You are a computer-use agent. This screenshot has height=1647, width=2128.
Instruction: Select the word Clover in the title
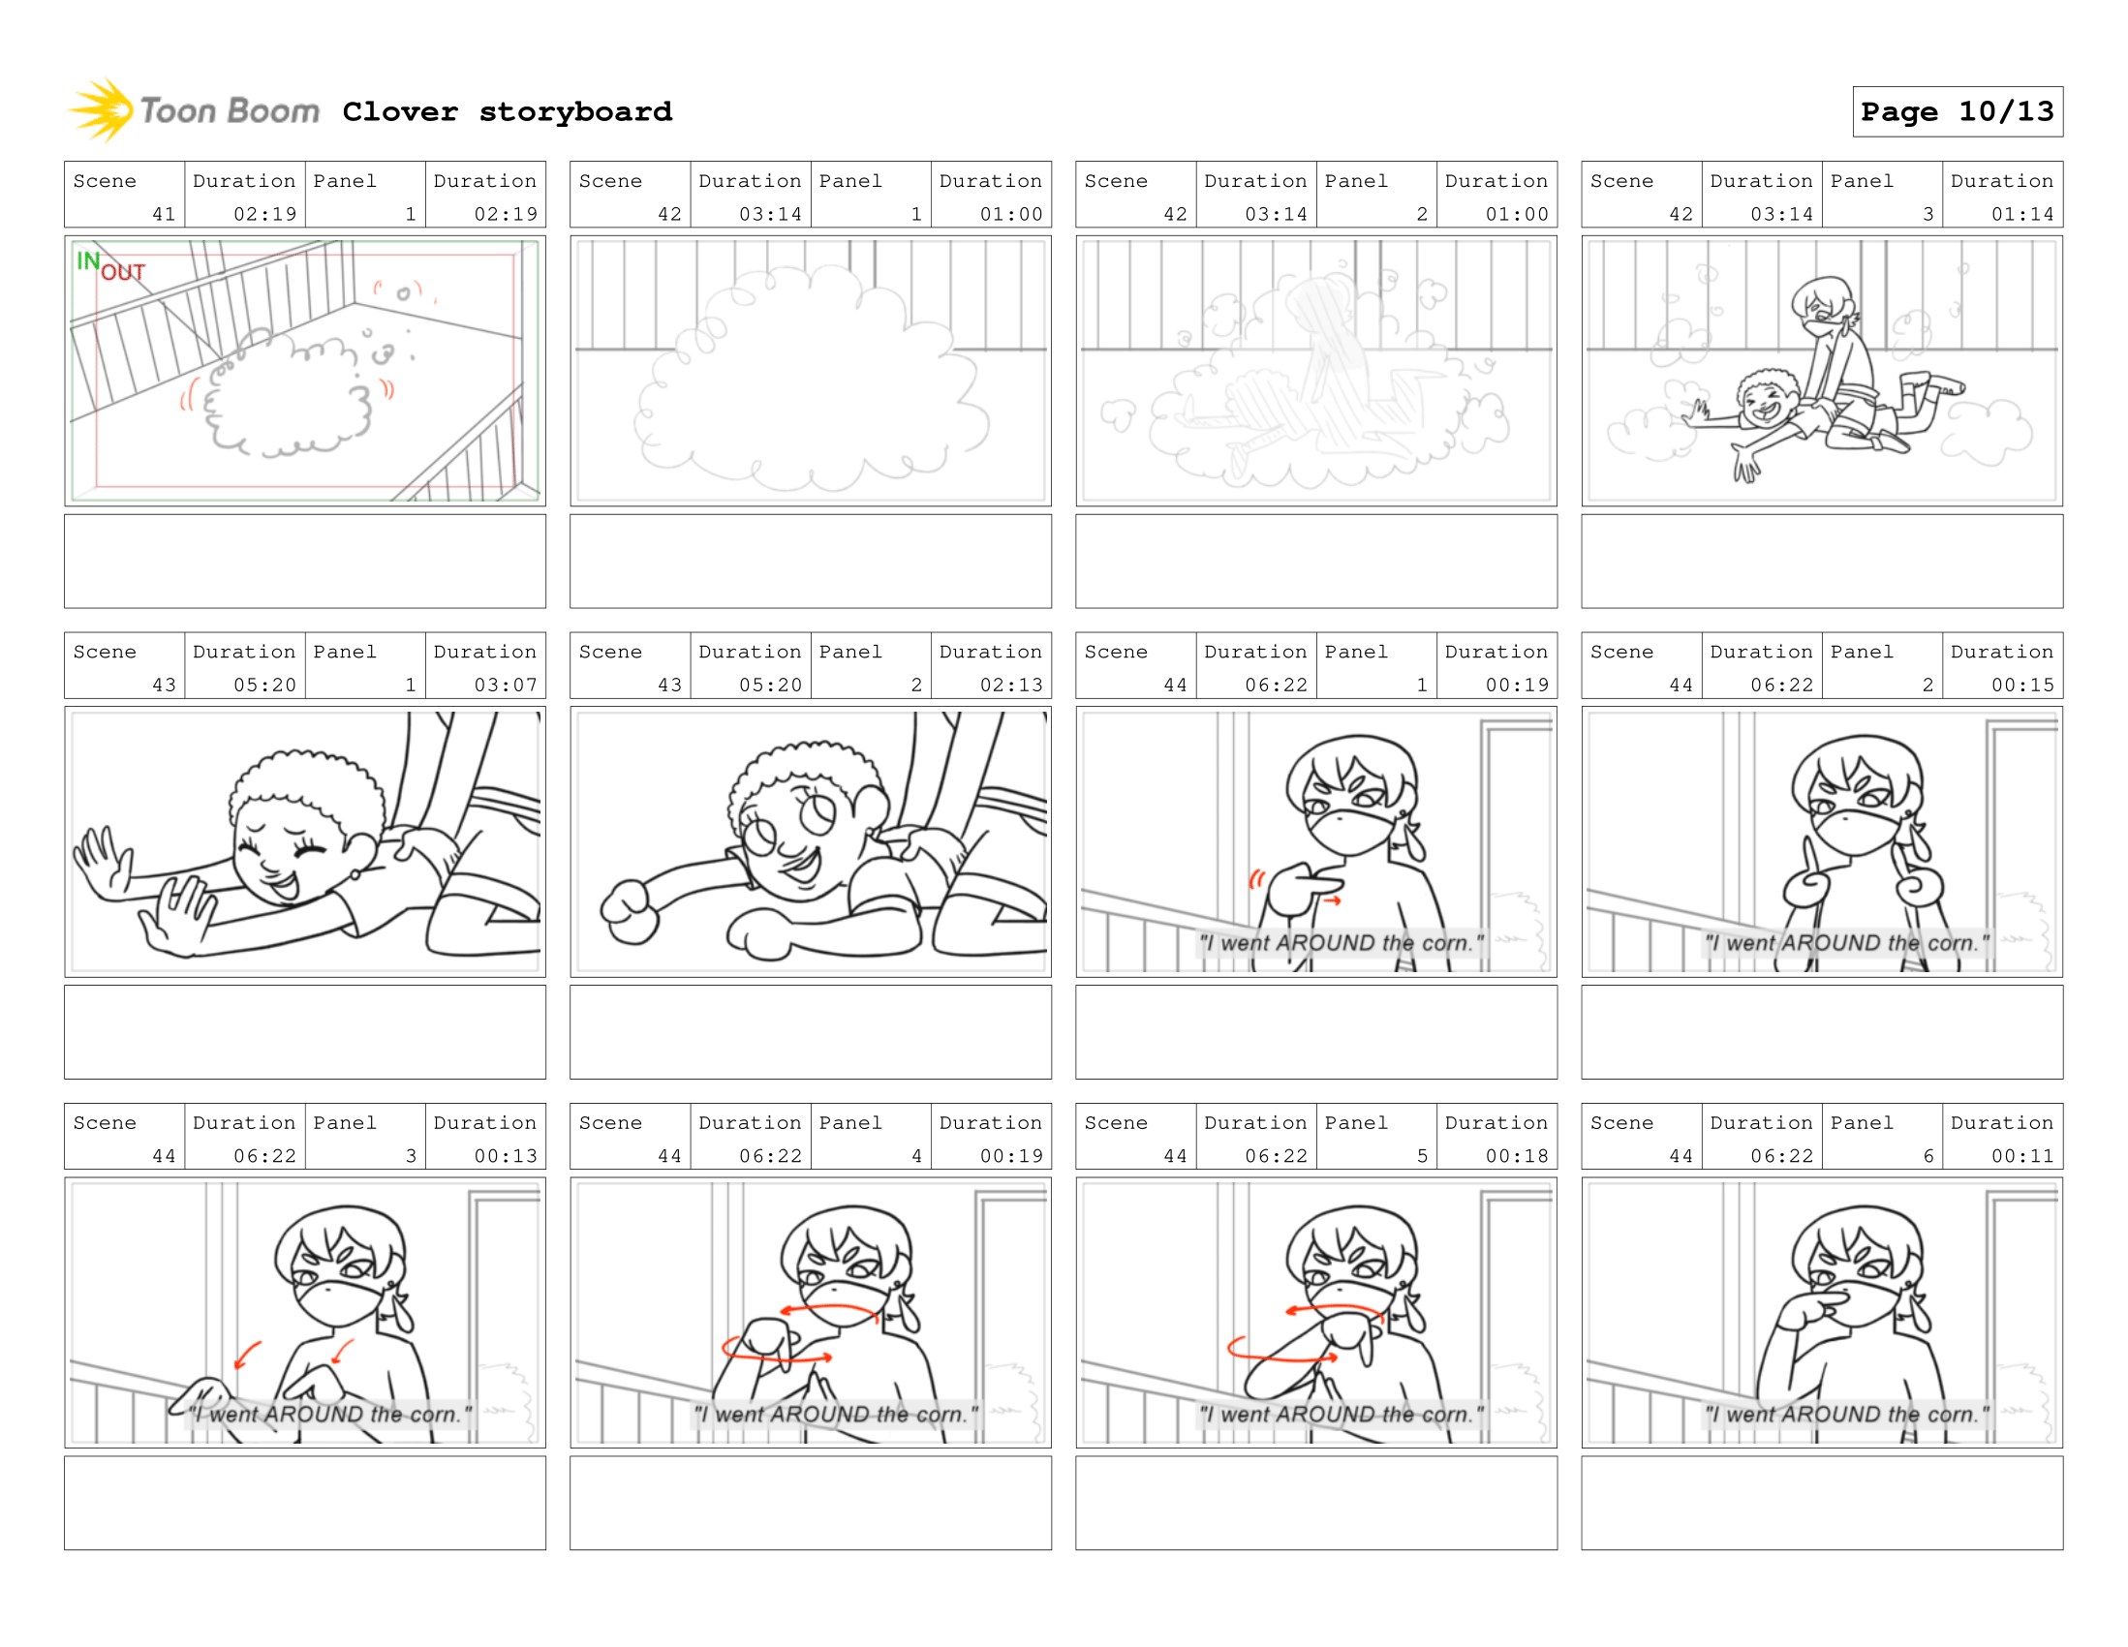point(399,112)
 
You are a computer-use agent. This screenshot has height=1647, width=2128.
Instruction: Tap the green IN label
point(88,261)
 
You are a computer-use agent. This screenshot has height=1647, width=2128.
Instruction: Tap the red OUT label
point(123,273)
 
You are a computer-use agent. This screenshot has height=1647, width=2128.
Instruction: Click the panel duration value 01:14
point(2021,214)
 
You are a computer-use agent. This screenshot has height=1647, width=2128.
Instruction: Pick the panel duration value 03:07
point(505,685)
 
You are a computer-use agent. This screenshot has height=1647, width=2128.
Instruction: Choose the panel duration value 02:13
point(1010,685)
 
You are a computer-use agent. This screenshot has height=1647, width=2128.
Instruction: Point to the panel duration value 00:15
point(2021,685)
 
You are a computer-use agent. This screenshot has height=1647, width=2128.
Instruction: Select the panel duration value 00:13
point(505,1156)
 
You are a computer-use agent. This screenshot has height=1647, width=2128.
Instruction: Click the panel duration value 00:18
point(1516,1156)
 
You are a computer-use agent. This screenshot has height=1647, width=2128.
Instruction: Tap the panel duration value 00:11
point(2021,1156)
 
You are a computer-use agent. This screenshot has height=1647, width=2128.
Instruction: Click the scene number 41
point(164,214)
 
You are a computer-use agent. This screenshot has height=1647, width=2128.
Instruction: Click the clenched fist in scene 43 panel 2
point(630,911)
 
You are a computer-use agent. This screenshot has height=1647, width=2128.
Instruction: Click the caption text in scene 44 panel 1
point(1341,943)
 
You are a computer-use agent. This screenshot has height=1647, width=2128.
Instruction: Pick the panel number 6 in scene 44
point(1928,1156)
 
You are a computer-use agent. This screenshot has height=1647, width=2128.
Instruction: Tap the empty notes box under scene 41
point(305,561)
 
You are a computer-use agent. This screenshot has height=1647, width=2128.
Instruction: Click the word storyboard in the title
point(575,112)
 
